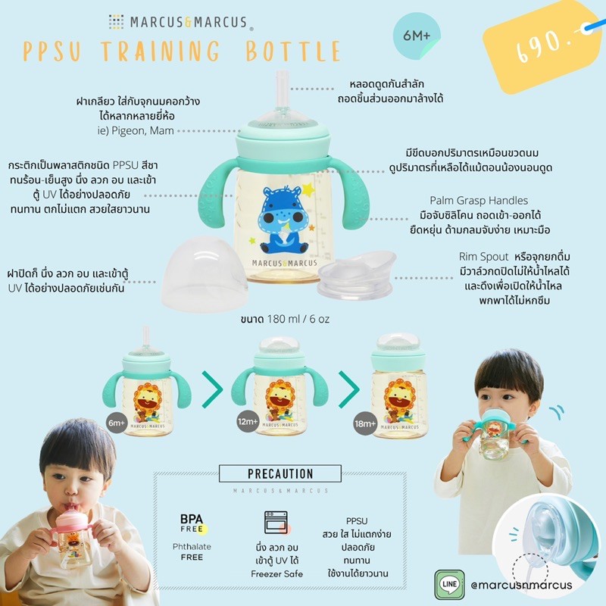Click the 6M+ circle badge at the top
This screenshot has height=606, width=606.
pos(416,36)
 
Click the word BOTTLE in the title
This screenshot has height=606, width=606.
pos(292,51)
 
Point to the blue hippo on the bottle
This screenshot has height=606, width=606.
pos(282,218)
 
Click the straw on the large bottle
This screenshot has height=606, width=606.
pos(283,90)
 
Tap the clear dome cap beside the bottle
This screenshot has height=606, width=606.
pos(204,273)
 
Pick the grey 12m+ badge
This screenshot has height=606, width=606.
pos(248,421)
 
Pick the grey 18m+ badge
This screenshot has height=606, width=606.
pos(365,423)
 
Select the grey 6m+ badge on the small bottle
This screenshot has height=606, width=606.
pos(117,423)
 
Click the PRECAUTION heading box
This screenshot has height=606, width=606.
pos(280,473)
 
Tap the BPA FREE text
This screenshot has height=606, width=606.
pos(192,523)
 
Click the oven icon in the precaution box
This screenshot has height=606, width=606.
pos(276,522)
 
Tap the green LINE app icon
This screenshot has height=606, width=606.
pos(449,585)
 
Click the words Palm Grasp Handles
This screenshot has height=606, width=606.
pos(479,201)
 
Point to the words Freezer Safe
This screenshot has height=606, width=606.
pos(276,574)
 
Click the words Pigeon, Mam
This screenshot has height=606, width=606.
pos(142,131)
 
